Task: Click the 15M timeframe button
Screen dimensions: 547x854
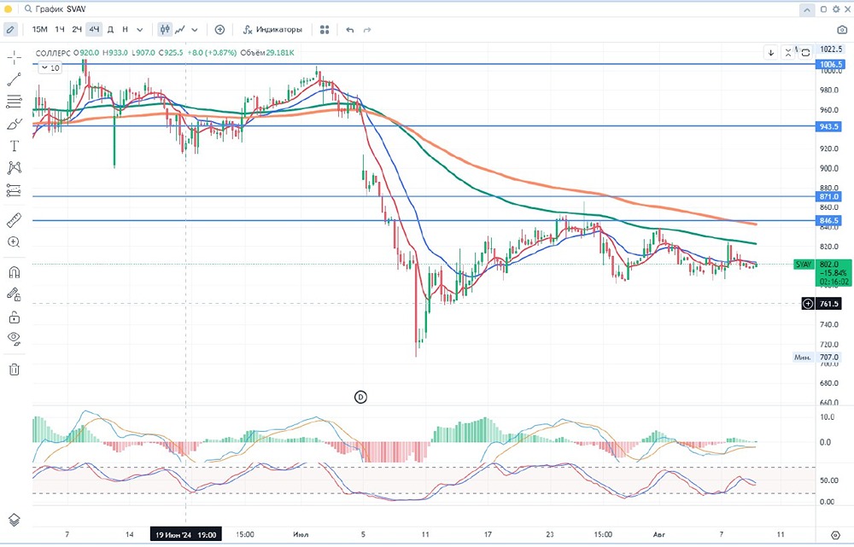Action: [39, 29]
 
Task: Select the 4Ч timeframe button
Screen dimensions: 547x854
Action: [94, 29]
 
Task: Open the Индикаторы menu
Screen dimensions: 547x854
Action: [272, 29]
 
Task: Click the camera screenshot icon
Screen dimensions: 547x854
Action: [842, 29]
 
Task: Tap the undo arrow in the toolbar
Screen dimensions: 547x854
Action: [349, 29]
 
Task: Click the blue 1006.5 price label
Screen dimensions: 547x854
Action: [831, 65]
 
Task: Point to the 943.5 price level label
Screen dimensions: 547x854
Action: [831, 126]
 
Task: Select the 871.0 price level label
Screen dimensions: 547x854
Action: [831, 197]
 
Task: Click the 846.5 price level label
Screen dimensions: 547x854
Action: [831, 221]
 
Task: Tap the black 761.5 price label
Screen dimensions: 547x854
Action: [829, 304]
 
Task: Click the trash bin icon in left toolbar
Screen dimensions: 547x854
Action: [14, 370]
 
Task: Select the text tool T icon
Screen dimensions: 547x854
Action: [14, 146]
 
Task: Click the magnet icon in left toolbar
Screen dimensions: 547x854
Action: [14, 273]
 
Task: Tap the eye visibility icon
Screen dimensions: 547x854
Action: [14, 338]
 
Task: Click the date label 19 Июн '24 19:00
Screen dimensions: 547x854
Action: [184, 535]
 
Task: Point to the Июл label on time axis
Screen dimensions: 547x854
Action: [300, 535]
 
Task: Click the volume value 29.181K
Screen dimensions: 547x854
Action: [279, 53]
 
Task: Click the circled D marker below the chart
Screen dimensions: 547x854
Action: [360, 397]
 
